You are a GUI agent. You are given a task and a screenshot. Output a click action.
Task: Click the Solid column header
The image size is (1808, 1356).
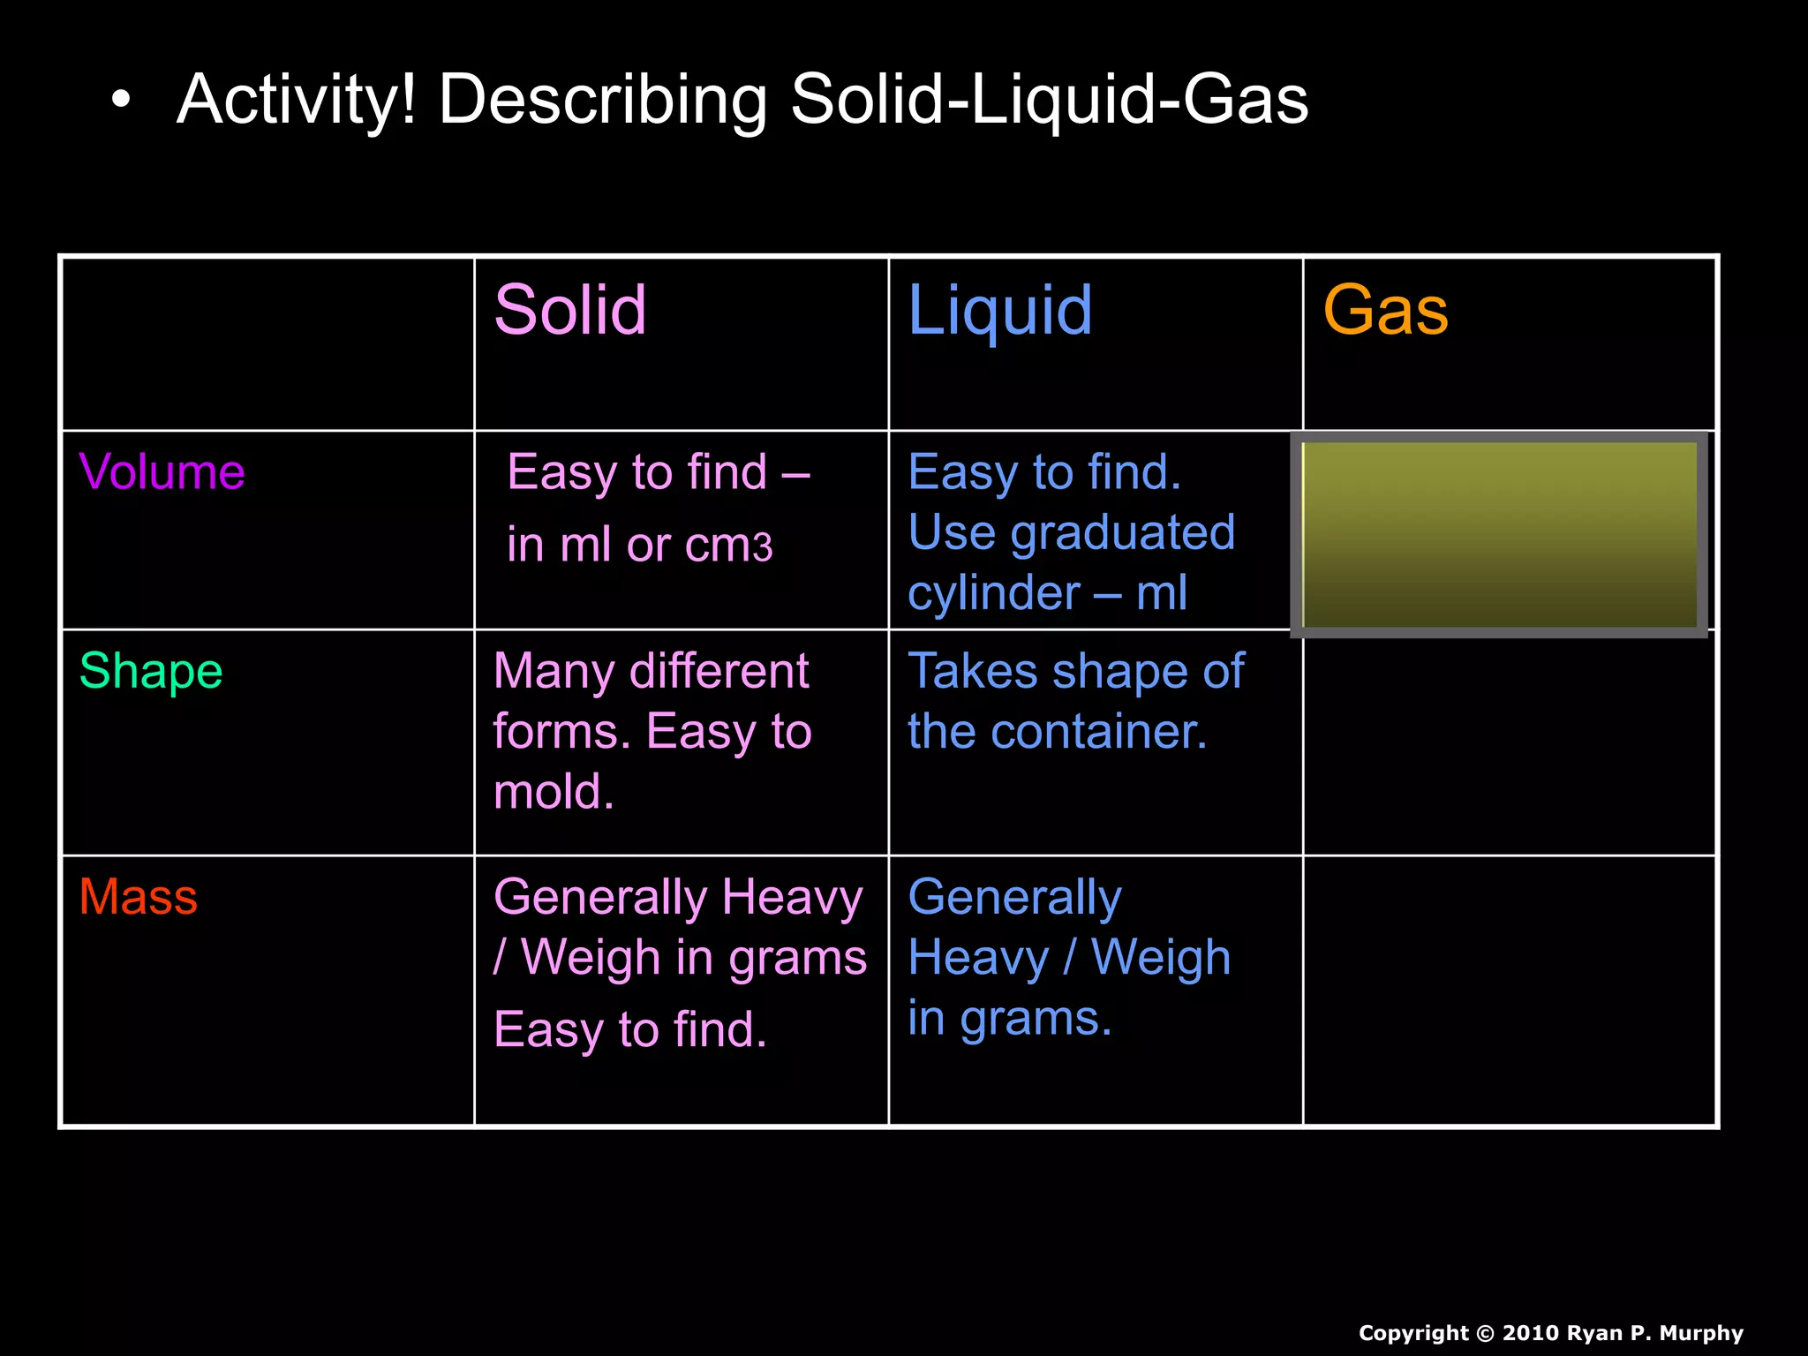point(570,310)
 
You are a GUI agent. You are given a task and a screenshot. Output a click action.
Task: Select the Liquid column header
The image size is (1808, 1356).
point(999,311)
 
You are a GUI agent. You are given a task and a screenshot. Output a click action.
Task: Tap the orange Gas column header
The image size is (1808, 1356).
point(1385,311)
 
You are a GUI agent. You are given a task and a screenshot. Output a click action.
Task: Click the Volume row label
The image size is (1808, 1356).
point(162,471)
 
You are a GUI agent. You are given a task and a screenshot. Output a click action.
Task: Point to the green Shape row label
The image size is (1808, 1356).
point(151,671)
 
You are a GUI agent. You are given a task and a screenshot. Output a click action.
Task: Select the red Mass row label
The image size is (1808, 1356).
point(138,897)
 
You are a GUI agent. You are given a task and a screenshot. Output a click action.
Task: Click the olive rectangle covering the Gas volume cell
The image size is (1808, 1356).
point(1499,534)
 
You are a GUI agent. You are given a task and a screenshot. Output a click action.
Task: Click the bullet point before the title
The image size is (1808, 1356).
point(121,101)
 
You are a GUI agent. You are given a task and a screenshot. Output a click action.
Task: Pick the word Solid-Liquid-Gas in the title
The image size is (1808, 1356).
point(1049,100)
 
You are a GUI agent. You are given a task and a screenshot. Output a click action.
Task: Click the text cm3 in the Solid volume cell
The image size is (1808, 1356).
point(729,546)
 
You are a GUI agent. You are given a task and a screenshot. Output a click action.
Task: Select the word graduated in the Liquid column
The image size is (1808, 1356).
point(1122,532)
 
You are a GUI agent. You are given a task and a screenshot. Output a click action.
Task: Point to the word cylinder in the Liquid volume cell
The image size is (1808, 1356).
point(993,592)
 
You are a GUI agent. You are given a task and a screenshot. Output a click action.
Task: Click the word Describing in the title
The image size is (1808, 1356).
point(602,100)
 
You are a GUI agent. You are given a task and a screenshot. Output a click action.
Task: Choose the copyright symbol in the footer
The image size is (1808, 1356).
point(1486,1333)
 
